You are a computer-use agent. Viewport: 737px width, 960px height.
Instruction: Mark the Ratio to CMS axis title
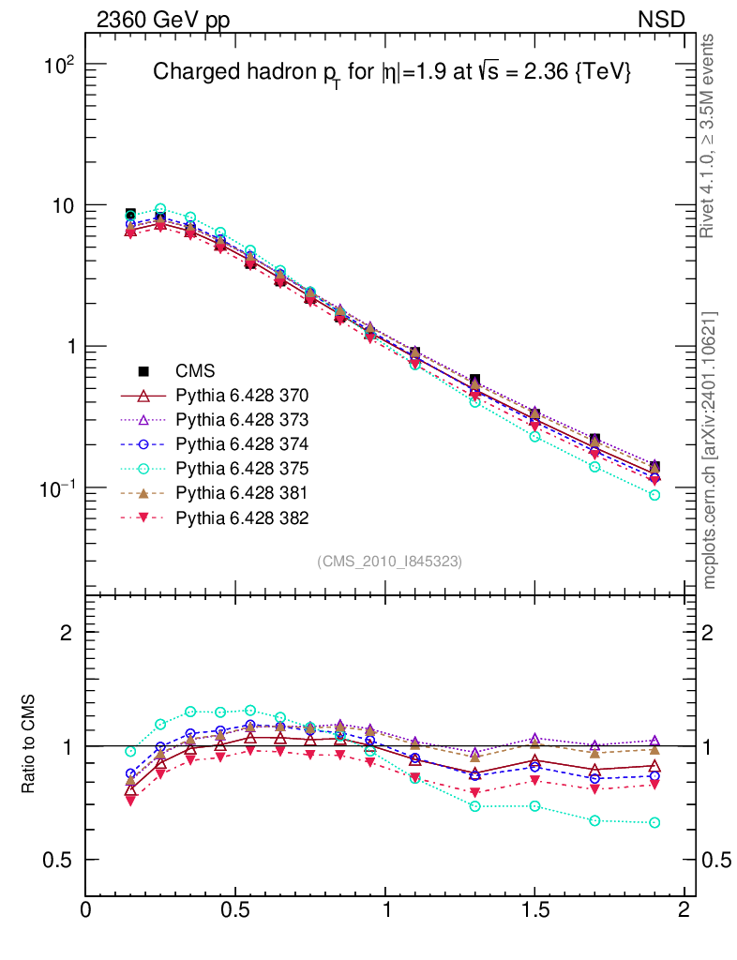click(29, 745)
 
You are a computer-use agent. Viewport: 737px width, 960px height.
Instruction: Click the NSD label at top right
click(662, 20)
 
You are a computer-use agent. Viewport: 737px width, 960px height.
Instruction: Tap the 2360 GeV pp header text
click(162, 20)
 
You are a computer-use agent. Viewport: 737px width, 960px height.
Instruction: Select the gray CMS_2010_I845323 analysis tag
click(390, 561)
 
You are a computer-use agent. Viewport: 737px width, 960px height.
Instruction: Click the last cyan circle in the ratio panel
click(654, 822)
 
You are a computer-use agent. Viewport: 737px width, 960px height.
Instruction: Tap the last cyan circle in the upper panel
click(654, 495)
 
